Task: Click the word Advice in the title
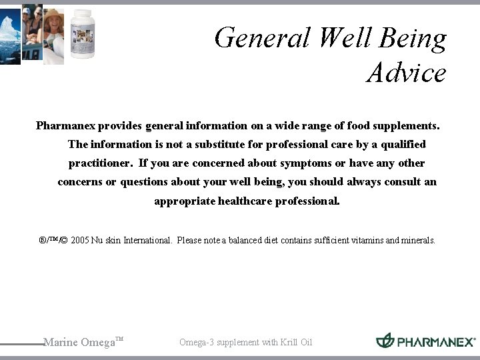coord(406,73)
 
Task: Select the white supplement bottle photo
coord(83,34)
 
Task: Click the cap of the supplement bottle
coord(83,14)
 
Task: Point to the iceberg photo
coord(10,33)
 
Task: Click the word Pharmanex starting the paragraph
coord(64,125)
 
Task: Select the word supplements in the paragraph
coord(407,125)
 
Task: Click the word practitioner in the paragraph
coord(101,163)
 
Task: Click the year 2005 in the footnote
coord(79,240)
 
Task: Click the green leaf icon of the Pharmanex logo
coord(385,341)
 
